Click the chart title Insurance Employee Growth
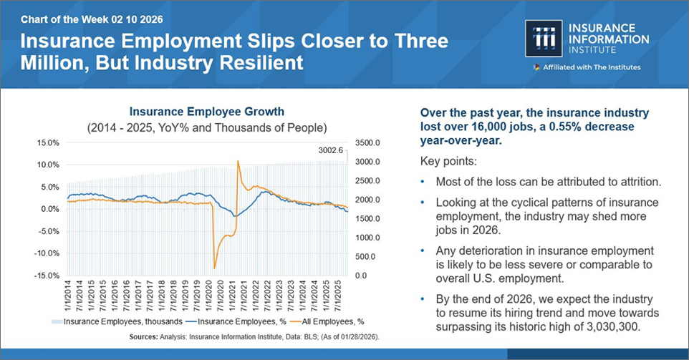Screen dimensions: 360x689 pos(206,112)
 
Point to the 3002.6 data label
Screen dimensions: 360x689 pos(332,150)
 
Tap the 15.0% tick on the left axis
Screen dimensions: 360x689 pos(48,142)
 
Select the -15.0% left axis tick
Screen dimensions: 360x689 pos(47,276)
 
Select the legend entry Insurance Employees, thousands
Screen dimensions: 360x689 pos(117,322)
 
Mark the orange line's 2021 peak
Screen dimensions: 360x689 pos(237,161)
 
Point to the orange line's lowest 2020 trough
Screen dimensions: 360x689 pos(215,268)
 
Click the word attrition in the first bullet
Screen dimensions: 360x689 pos(635,182)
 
